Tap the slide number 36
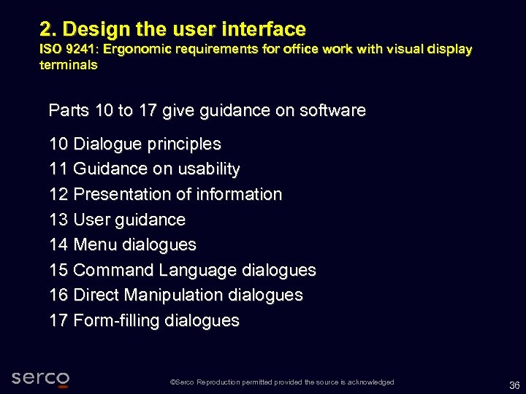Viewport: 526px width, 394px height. pos(514,386)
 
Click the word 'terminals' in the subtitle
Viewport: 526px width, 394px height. pos(68,64)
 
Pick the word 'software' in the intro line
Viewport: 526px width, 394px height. pos(332,111)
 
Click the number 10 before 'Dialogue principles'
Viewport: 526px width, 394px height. pos(58,144)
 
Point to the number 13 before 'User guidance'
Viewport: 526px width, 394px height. pos(58,220)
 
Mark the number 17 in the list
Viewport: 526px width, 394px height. pos(58,320)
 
